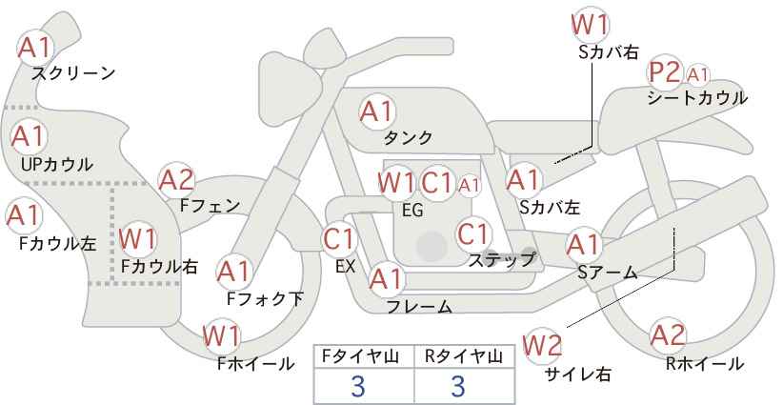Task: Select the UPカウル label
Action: click(56, 164)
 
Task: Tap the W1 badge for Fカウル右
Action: click(139, 235)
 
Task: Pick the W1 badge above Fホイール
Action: click(222, 335)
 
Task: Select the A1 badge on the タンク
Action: click(376, 111)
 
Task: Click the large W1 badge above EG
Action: click(396, 182)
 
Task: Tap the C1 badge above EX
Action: click(340, 238)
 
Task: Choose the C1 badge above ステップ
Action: click(473, 233)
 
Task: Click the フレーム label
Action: click(419, 307)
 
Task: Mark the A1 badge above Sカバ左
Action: click(523, 178)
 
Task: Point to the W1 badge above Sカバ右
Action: click(591, 23)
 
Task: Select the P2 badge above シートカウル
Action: click(665, 72)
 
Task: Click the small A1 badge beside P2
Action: click(698, 73)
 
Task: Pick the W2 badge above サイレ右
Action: click(544, 343)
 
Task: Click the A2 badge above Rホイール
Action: click(668, 335)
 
